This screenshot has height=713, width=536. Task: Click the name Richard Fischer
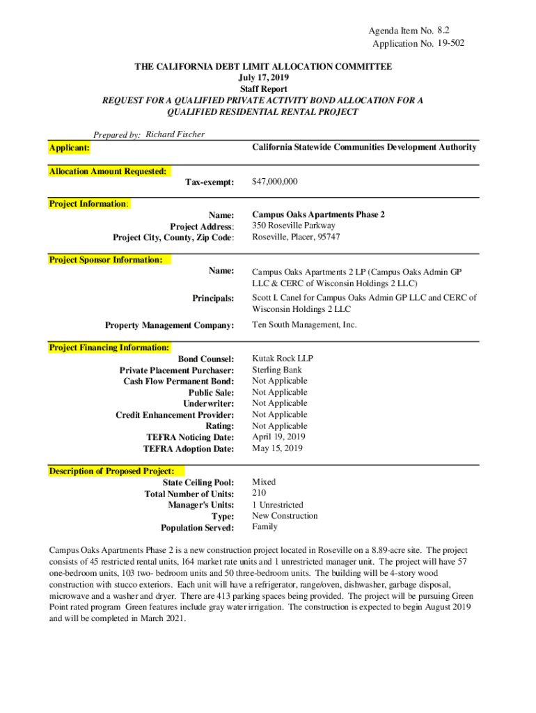tap(175, 134)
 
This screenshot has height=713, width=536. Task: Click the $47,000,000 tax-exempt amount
tap(274, 182)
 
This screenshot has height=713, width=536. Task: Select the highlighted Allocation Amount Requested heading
tap(107, 171)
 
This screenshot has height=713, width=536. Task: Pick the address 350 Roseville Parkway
tap(293, 226)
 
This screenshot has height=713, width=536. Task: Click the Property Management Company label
tap(169, 325)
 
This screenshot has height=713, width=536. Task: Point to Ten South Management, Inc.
tap(304, 324)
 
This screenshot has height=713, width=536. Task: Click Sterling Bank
tap(277, 370)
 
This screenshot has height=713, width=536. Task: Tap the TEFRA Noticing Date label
tap(190, 437)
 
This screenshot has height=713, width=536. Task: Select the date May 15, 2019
tap(277, 448)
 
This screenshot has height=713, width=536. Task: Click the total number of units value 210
tap(259, 493)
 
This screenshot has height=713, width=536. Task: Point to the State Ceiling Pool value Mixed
tap(264, 482)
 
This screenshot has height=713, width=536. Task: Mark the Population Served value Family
tap(265, 527)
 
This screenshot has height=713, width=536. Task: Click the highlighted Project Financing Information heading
tap(109, 347)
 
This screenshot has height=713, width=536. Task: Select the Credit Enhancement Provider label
tap(175, 415)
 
